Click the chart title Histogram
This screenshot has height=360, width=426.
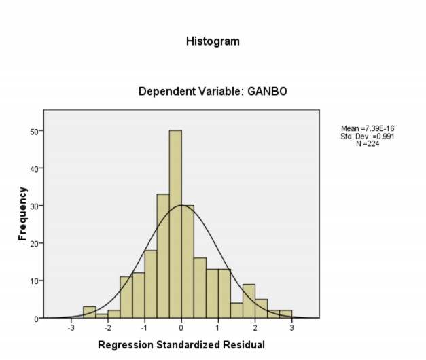click(x=213, y=41)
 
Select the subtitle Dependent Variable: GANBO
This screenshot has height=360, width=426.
click(x=213, y=91)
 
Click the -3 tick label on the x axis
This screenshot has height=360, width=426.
click(x=71, y=329)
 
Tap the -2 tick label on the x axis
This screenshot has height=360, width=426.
click(x=107, y=329)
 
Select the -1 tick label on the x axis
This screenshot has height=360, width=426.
click(x=144, y=329)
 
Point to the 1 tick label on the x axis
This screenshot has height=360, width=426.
click(x=218, y=329)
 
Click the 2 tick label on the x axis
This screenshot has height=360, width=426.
click(x=255, y=329)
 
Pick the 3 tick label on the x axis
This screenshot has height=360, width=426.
click(x=291, y=329)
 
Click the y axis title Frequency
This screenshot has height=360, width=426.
click(x=22, y=213)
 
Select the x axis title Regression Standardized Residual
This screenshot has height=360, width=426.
click(x=181, y=345)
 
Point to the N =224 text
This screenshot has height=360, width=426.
click(x=367, y=143)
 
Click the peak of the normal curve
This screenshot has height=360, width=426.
click(x=181, y=205)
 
